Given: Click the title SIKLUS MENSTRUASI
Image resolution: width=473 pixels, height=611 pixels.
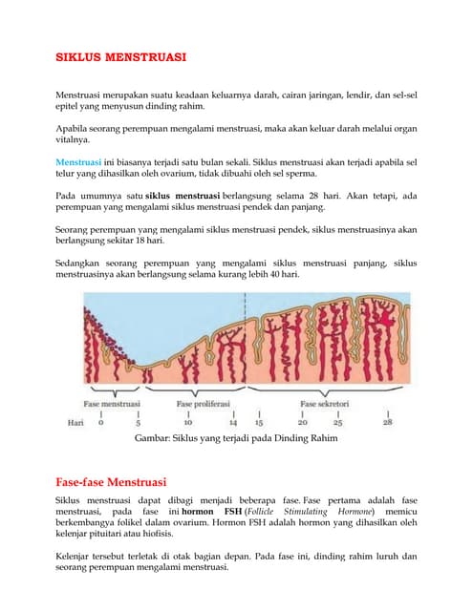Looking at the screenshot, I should [119, 57].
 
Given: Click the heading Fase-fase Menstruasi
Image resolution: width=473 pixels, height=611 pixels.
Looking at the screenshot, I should [111, 481].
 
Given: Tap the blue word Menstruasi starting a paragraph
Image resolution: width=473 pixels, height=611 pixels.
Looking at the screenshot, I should [77, 160].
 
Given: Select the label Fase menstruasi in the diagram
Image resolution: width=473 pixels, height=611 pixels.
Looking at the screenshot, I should [113, 405].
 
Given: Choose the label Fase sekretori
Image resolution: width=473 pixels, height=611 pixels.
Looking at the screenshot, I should [325, 405].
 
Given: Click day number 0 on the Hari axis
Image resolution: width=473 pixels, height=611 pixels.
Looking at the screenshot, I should [100, 421].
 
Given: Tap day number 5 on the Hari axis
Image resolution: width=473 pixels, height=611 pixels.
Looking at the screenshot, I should [140, 421].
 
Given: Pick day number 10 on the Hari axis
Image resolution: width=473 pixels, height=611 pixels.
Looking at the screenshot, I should [188, 421].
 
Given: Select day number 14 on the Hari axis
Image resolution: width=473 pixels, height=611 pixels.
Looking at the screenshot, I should [233, 421].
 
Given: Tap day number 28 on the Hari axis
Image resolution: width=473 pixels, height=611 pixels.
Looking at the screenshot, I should [387, 421].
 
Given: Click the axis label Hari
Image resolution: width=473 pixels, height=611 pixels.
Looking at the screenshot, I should [75, 421].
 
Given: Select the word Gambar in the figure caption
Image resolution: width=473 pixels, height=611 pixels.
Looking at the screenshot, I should [156, 439].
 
